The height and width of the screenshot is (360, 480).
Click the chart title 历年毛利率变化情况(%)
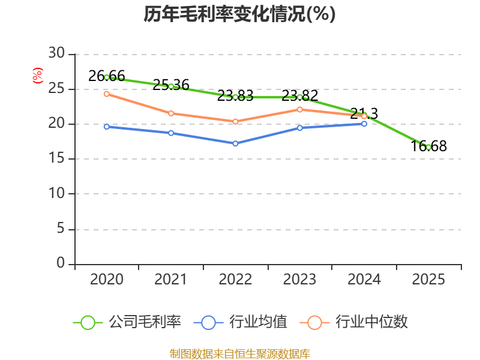click(239, 14)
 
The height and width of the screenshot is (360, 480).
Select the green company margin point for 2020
click(107, 77)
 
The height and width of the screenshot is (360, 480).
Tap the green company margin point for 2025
click(428, 147)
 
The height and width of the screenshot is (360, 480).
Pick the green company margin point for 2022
click(235, 97)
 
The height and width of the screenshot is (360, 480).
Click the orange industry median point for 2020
click(107, 94)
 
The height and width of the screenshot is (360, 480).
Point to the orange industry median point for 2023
click(299, 109)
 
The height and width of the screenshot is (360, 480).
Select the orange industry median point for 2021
click(171, 113)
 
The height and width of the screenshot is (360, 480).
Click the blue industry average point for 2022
click(235, 143)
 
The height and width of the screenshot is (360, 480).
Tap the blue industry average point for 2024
click(364, 124)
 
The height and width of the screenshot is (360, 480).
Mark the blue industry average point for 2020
click(107, 127)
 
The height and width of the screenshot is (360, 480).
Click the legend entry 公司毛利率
click(127, 322)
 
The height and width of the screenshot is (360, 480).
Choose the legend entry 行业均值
click(241, 322)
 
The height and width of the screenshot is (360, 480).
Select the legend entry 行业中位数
click(358, 322)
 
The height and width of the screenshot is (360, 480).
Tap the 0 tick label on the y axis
click(60, 263)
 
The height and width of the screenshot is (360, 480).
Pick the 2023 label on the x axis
click(299, 280)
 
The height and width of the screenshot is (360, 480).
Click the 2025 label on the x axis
click(428, 280)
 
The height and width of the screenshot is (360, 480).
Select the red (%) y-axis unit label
click(38, 76)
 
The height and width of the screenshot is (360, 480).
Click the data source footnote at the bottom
click(239, 353)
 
